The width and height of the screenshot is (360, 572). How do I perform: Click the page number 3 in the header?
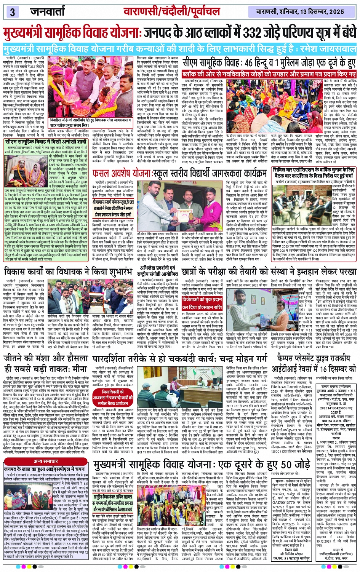point(13,11)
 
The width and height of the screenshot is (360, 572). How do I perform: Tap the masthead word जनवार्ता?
point(48,11)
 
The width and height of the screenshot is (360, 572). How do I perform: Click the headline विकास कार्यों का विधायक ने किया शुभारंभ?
point(67,271)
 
